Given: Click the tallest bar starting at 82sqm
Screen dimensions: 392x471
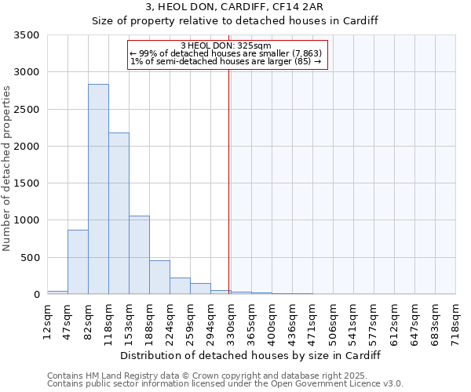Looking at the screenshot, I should [x=98, y=189].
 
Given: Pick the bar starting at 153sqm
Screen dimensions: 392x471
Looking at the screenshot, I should [x=139, y=255].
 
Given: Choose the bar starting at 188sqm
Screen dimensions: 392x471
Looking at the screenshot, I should [x=159, y=277].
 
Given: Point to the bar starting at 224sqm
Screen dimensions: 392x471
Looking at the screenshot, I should [x=180, y=285].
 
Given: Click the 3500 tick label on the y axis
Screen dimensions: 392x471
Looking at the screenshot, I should [x=25, y=35].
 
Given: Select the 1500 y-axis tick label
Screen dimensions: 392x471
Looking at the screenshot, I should [x=25, y=183].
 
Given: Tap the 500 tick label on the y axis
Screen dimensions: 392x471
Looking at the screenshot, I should [x=28, y=257].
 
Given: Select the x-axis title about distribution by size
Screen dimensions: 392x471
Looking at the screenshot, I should [x=251, y=355].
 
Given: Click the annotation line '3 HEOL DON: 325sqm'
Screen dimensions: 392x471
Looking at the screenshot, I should [x=225, y=45].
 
